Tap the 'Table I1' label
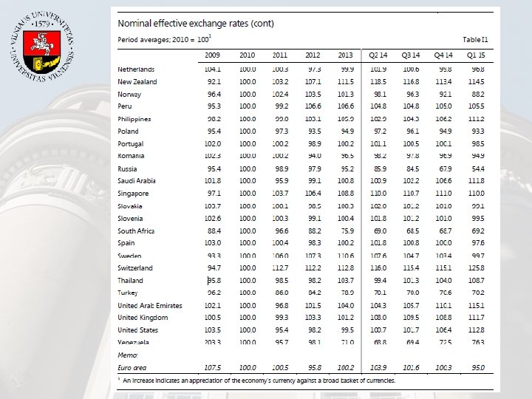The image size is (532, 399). (475, 38)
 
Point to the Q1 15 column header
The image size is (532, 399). (475, 55)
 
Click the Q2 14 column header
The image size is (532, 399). (380, 55)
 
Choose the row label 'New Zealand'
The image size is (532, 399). (137, 81)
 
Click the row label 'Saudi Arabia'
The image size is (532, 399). (138, 181)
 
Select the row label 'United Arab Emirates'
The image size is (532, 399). (150, 305)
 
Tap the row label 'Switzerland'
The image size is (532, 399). (136, 267)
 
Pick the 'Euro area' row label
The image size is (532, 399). (134, 367)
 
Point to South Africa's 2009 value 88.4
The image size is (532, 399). (215, 231)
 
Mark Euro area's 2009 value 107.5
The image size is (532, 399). (214, 367)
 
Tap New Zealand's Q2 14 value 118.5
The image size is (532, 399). (379, 81)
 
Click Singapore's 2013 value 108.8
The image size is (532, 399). (346, 193)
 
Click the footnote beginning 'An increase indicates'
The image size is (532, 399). (259, 381)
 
